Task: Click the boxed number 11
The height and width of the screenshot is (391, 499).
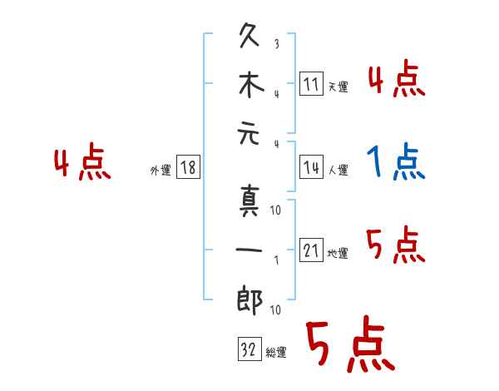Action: click(309, 84)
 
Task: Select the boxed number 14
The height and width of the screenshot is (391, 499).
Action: click(309, 167)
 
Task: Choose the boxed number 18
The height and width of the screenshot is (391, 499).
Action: click(187, 168)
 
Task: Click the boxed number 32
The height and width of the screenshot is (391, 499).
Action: click(246, 349)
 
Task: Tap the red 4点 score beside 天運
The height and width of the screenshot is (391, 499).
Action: click(398, 81)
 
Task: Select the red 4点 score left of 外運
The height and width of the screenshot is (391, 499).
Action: click(82, 162)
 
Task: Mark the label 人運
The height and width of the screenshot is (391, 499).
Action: click(338, 171)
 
